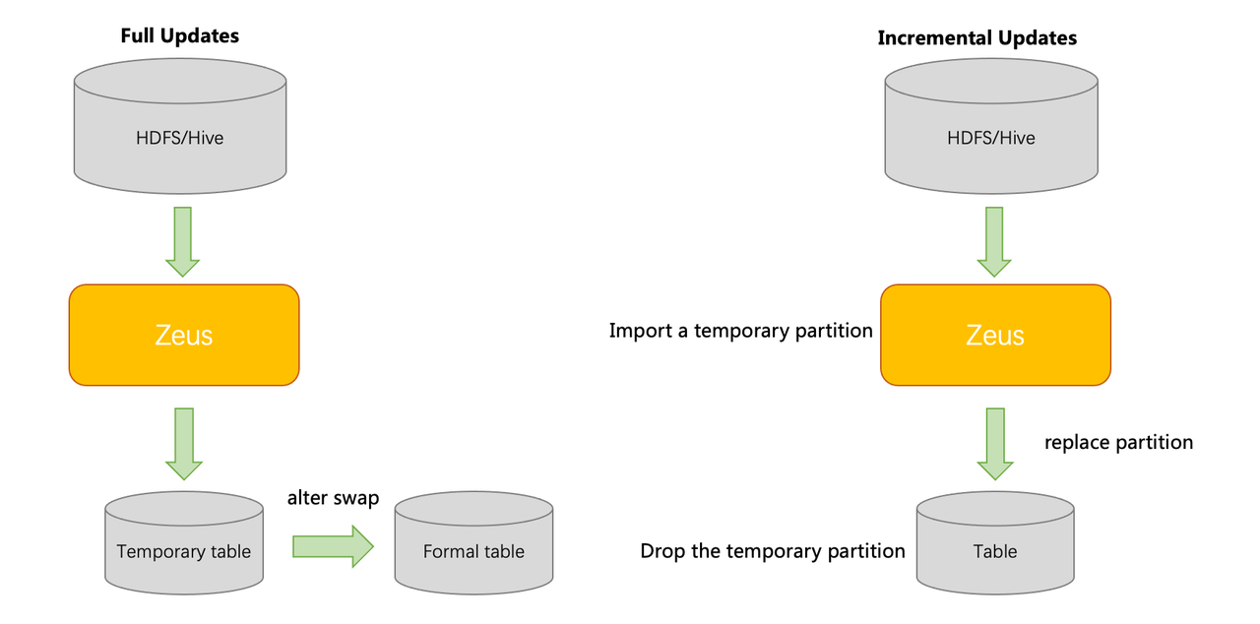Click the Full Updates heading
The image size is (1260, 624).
(x=180, y=36)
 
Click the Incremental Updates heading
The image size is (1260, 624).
(x=977, y=37)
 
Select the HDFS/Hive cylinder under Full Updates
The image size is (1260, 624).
(x=180, y=127)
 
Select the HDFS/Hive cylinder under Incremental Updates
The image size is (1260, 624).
(x=991, y=127)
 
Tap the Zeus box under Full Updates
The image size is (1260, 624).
(x=184, y=335)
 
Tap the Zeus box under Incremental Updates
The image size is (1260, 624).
(x=995, y=335)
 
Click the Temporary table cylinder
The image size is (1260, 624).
(x=184, y=543)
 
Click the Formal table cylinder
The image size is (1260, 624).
(x=473, y=543)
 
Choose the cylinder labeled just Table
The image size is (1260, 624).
(x=995, y=543)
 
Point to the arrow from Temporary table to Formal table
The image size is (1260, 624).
(x=333, y=546)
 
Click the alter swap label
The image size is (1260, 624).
(x=333, y=498)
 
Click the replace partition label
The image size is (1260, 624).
(x=1119, y=443)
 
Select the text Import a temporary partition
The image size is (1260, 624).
(x=741, y=331)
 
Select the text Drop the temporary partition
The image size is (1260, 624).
(x=773, y=551)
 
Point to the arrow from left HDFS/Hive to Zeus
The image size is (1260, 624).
(x=182, y=242)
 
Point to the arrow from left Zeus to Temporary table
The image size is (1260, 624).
(x=184, y=444)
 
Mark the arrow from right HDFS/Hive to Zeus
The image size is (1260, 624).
(x=994, y=242)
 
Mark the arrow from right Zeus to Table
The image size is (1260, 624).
(x=995, y=444)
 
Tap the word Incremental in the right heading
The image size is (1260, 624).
(x=933, y=37)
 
